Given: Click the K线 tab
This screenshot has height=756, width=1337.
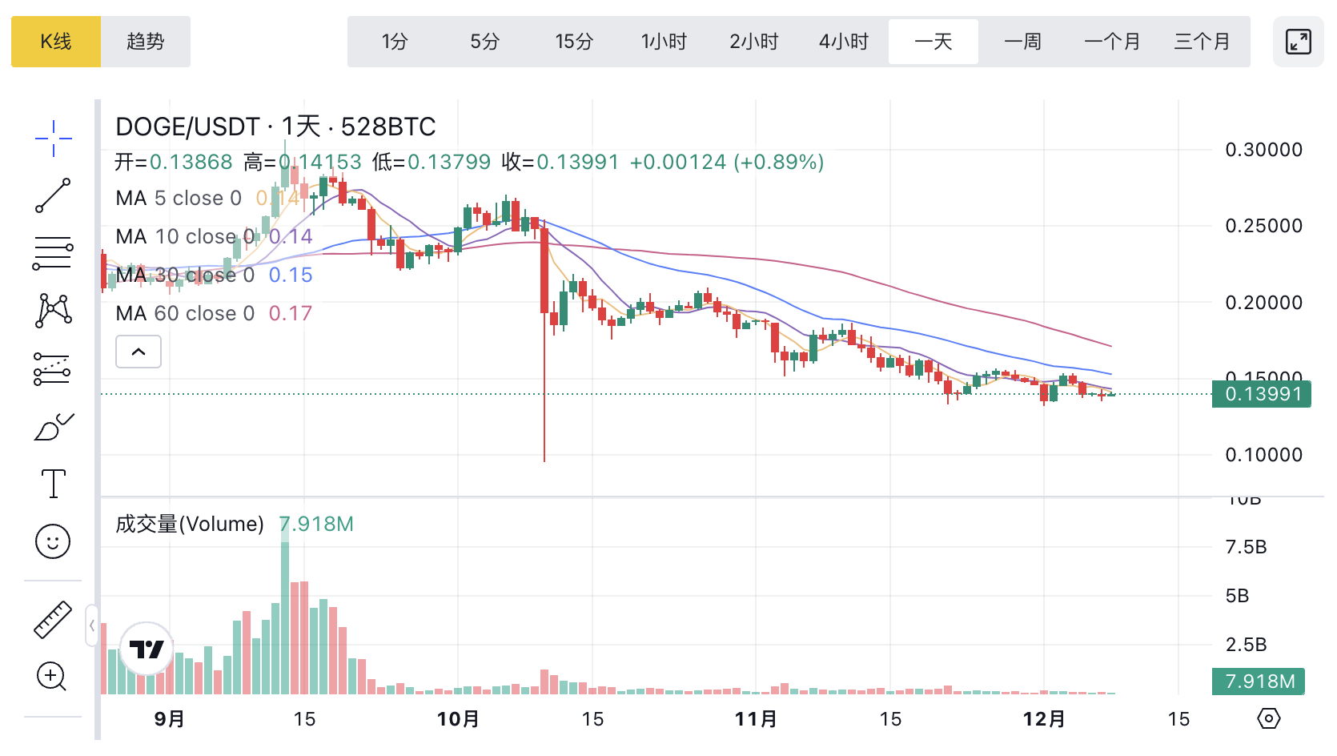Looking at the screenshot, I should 56,42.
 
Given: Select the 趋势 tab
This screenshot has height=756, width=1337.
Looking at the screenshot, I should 146,42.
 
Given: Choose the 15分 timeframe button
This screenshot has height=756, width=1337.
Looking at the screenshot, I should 574,42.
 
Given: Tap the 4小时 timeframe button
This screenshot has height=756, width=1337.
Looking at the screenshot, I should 843,42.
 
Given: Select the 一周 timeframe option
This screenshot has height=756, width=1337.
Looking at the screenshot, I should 1022,42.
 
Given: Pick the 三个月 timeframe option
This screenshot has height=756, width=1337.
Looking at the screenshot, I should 1202,42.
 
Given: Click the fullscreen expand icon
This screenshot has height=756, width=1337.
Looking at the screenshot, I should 1298,42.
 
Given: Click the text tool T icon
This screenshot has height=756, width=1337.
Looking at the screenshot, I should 53,484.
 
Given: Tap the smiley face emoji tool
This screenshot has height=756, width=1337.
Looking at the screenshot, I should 53,541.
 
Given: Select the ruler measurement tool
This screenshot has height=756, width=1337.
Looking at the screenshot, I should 53,619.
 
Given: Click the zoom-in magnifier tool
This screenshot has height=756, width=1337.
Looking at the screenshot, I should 52,677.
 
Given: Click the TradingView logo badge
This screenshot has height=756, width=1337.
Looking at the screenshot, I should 147,649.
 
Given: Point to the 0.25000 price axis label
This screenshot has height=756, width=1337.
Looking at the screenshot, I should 1263,226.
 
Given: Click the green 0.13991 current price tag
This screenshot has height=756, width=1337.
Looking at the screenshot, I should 1262,394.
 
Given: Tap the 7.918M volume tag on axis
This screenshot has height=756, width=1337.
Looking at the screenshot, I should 1259,682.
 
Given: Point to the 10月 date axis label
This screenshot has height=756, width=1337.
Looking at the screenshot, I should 458,719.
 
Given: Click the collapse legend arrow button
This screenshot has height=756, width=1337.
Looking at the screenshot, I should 139,352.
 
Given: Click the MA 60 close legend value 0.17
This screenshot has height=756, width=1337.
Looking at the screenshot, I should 290,313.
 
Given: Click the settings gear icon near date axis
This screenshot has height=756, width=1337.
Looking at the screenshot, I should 1268,718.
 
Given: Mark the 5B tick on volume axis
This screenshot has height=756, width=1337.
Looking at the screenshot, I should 1237,596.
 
